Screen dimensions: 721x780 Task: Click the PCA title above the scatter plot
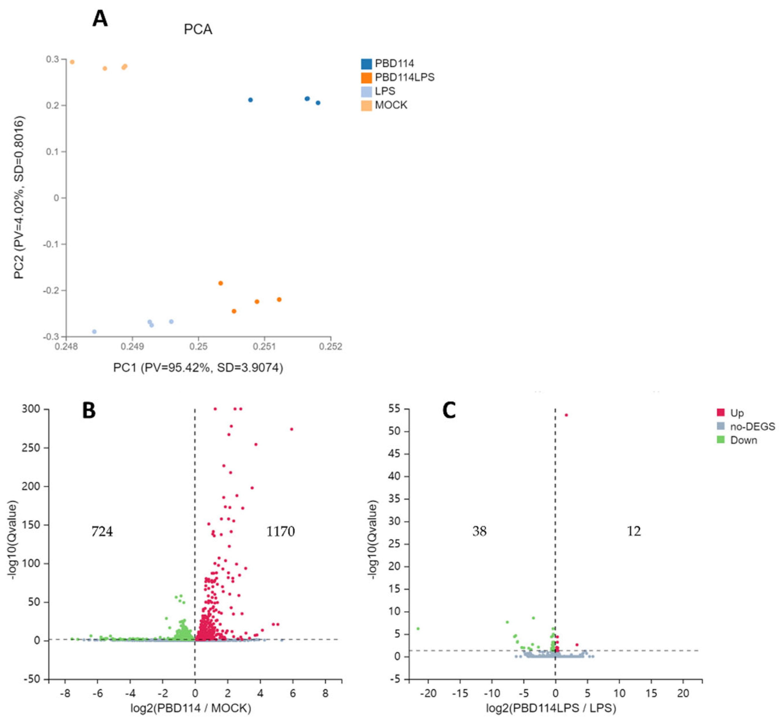[x=198, y=30]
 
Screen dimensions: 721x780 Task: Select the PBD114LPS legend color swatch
[x=366, y=78]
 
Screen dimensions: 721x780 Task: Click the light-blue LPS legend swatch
[x=366, y=91]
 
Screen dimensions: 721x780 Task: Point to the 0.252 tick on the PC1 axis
[x=331, y=346]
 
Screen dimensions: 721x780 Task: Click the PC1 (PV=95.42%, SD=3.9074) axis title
[x=198, y=367]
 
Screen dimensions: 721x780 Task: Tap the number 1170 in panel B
[x=280, y=531]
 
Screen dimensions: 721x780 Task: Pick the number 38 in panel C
[x=479, y=531]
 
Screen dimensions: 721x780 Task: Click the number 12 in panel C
[x=634, y=531]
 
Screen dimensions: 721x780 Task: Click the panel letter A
[x=100, y=19]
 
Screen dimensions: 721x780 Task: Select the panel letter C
[x=449, y=410]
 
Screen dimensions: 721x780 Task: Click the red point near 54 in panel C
[x=566, y=415]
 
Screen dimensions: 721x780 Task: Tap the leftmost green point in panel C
[x=418, y=629]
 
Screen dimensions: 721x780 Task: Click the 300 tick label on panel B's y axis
[x=31, y=409]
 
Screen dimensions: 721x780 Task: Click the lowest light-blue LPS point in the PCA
[x=94, y=331]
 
